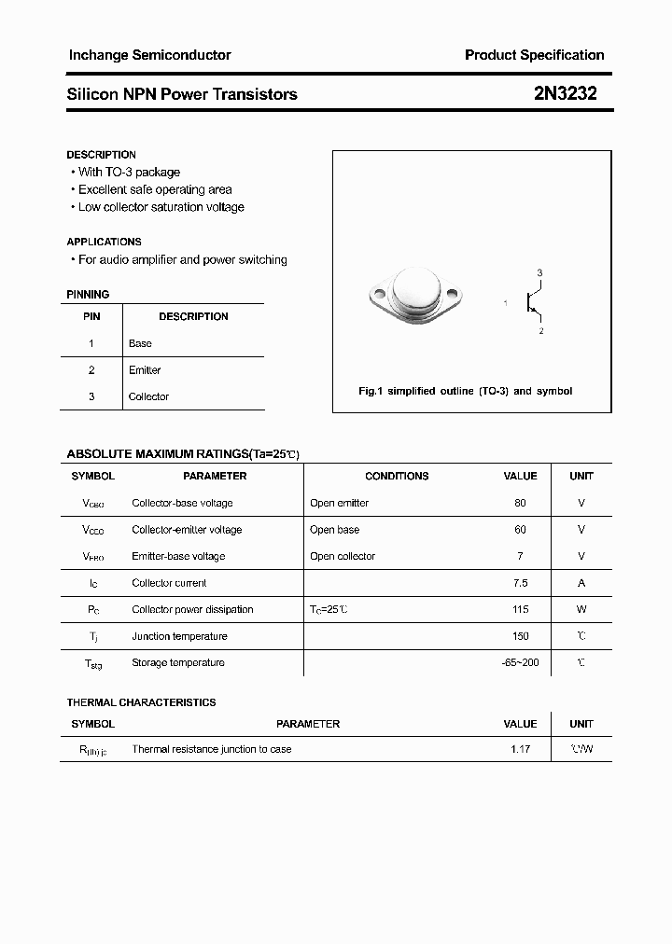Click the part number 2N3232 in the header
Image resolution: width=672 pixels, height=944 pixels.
[565, 94]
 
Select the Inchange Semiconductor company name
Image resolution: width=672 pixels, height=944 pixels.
[149, 55]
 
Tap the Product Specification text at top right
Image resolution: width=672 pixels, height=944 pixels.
[534, 55]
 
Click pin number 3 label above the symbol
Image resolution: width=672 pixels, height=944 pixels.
[539, 272]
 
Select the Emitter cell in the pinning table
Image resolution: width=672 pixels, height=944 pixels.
[145, 370]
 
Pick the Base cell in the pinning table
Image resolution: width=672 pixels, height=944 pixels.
[140, 343]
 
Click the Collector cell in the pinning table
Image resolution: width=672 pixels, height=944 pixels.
[148, 396]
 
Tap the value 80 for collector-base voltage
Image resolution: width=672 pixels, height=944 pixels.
[520, 503]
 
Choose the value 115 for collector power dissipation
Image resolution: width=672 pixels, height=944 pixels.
[520, 609]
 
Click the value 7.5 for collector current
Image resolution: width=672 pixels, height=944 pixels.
[520, 583]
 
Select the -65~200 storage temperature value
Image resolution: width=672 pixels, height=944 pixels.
[520, 662]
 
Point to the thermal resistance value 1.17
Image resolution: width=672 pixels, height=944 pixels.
[520, 749]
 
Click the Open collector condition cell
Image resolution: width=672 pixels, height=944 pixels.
[343, 556]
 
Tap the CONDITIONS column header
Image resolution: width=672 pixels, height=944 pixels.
[397, 476]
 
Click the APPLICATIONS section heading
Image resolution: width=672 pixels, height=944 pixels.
[105, 242]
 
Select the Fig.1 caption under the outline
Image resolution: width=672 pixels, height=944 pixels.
[466, 391]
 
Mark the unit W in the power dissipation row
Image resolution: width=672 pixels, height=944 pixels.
[581, 609]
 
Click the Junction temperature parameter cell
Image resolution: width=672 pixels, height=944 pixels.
[179, 636]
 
